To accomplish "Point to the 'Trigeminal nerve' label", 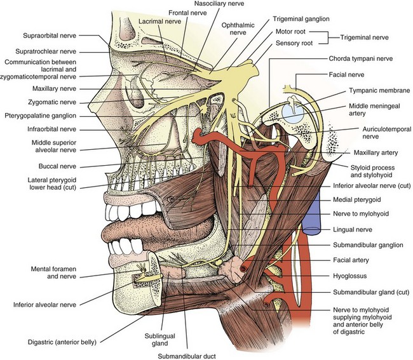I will [x=376, y=37].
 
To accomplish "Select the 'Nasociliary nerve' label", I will [x=208, y=4].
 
